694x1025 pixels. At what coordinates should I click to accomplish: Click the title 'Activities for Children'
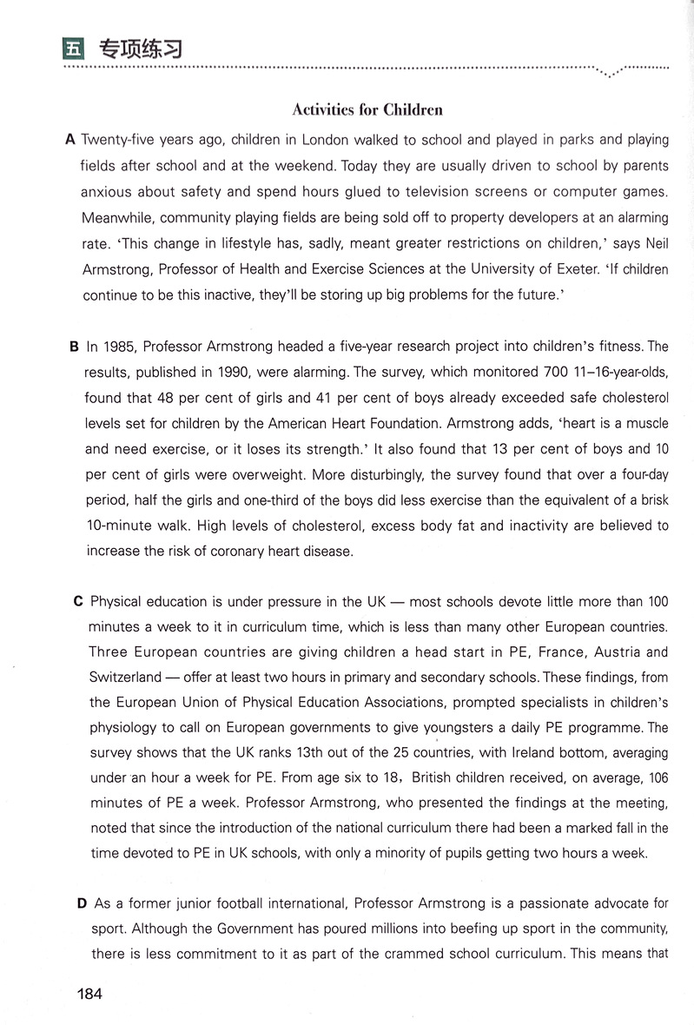pos(367,109)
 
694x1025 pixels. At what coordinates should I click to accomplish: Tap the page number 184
pos(89,994)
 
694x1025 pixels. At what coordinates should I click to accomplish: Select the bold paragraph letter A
pos(70,139)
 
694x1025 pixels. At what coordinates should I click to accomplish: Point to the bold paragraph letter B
pos(74,347)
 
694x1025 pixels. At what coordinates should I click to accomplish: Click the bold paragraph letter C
pos(78,601)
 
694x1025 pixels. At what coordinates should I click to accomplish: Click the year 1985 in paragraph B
pos(117,347)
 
